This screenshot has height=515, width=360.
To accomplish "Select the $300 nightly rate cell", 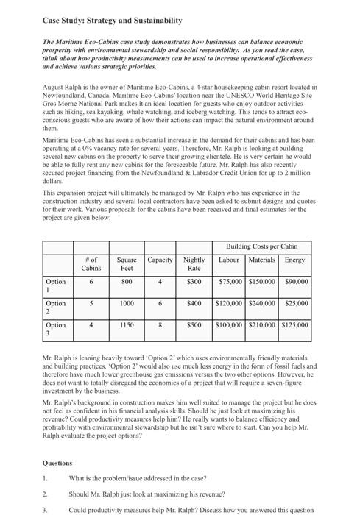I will (194, 281).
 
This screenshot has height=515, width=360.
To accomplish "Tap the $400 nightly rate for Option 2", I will (194, 302).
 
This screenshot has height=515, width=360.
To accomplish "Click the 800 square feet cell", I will (126, 281).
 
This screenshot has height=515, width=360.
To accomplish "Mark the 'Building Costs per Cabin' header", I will (261, 246).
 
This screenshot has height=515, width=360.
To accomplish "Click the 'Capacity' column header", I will (160, 260).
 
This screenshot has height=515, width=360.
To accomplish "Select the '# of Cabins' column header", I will (91, 264).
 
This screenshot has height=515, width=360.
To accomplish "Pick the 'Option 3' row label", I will (55, 327).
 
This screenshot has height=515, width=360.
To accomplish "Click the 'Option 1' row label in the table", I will (55, 285).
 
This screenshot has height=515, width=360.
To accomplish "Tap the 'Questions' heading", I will (57, 463).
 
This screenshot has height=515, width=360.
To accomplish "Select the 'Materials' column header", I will (262, 260).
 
